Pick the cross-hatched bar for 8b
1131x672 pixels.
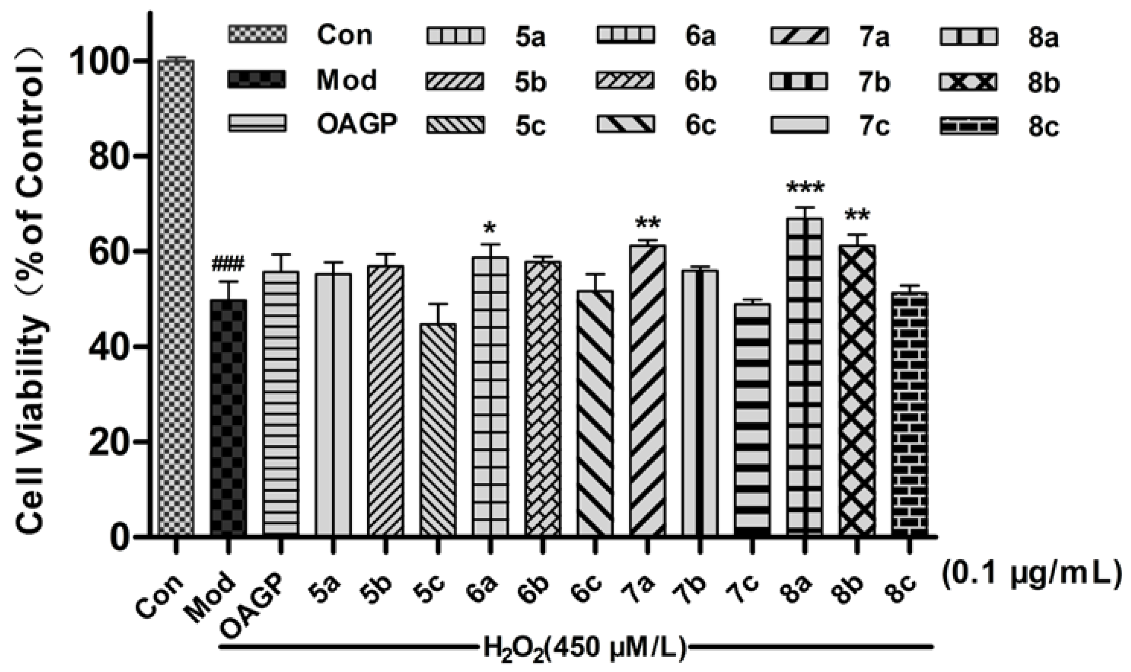pos(856,389)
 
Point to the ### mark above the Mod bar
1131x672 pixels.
pos(228,263)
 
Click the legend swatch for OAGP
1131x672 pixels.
pos(256,123)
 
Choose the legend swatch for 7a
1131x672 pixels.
pos(799,36)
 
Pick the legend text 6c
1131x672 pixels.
pos(701,125)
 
